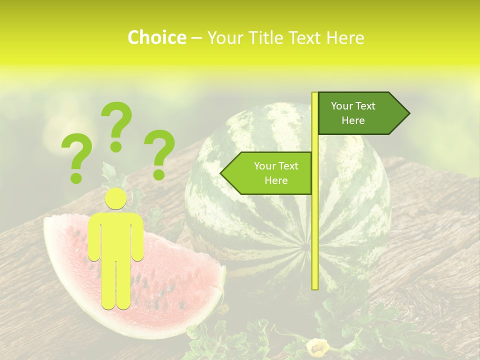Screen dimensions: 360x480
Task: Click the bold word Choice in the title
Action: click(x=156, y=37)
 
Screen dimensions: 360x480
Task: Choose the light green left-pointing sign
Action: click(x=270, y=173)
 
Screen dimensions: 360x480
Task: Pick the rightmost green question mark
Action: click(x=159, y=154)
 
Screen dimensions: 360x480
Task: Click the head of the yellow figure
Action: click(x=115, y=199)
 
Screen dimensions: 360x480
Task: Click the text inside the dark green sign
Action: click(x=353, y=113)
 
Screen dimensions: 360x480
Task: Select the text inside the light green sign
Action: click(x=276, y=173)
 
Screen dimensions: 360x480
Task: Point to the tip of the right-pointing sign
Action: click(x=408, y=113)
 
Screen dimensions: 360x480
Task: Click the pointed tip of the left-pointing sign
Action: click(x=221, y=173)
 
